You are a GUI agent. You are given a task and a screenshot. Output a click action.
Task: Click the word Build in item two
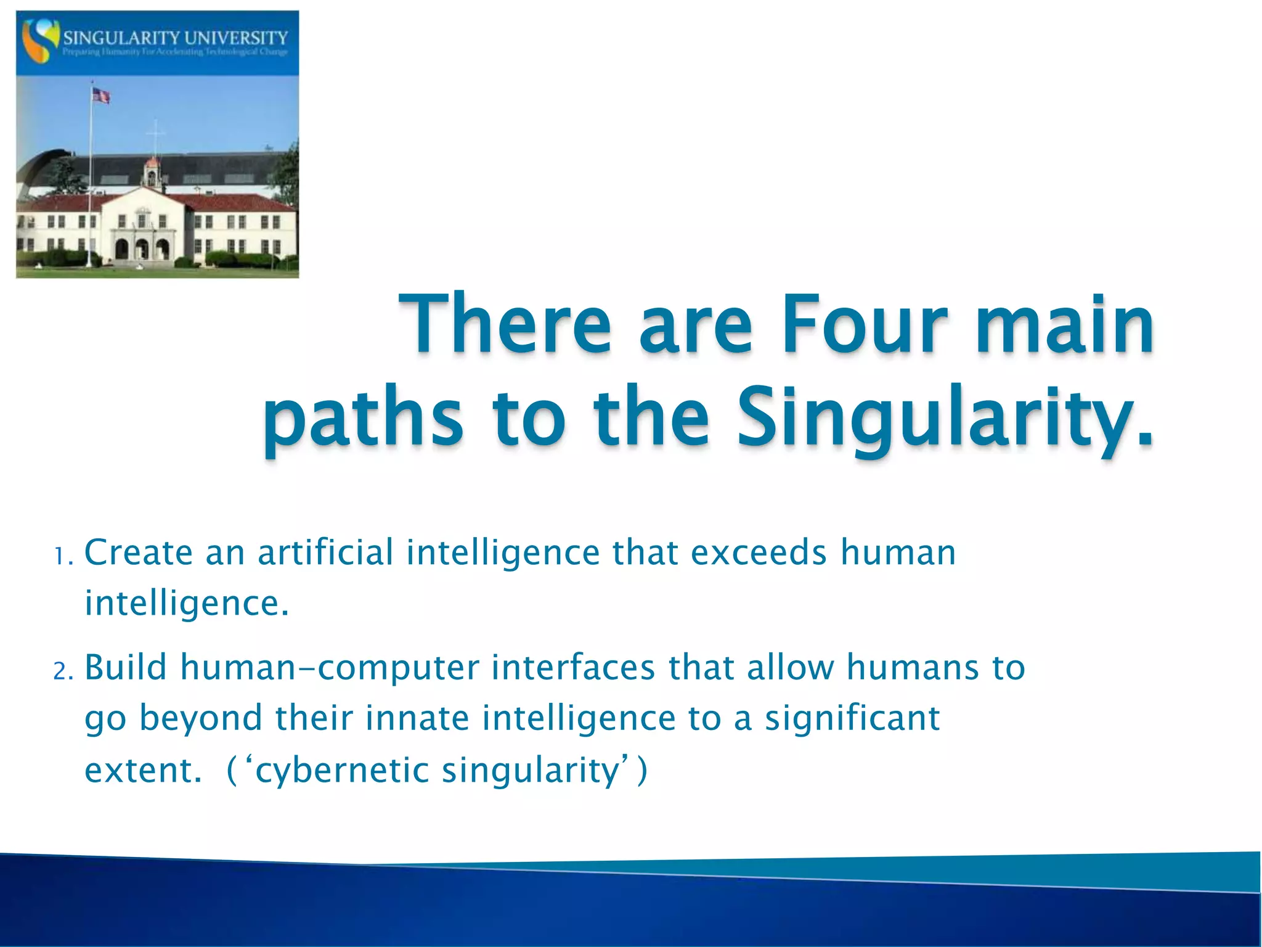point(126,667)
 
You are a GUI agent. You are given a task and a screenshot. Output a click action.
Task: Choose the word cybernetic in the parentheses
point(341,771)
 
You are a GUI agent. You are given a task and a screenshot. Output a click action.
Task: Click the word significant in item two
point(852,719)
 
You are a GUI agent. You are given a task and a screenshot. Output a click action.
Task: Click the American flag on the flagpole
point(100,96)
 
